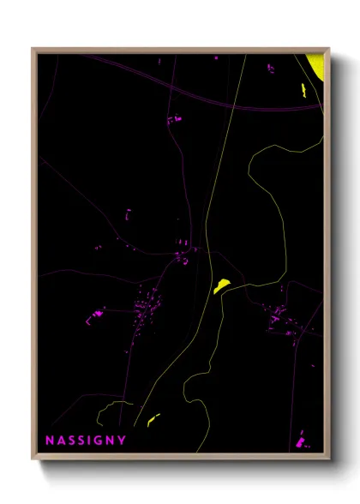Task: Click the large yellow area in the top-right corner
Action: [x=316, y=63]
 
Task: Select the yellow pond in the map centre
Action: [x=221, y=285]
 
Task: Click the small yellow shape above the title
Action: [x=153, y=419]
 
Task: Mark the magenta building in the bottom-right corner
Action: [x=302, y=443]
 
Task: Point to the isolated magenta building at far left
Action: [x=97, y=314]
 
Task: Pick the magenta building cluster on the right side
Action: [x=279, y=317]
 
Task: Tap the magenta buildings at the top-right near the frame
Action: [x=273, y=69]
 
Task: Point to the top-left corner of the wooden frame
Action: [x=33, y=49]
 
